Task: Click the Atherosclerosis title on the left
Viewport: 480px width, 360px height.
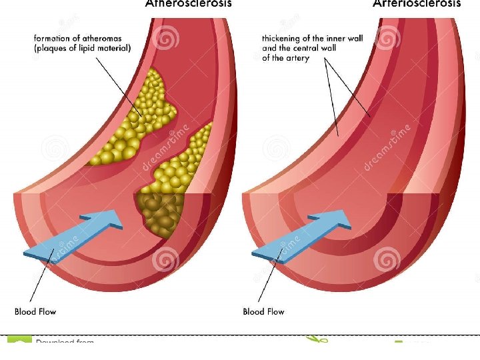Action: (189, 3)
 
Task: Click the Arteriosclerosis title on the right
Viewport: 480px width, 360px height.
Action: (417, 3)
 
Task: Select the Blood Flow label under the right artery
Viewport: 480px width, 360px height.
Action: (263, 311)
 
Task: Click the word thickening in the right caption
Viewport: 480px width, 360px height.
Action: (283, 39)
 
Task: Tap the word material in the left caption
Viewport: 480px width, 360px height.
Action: (116, 48)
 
